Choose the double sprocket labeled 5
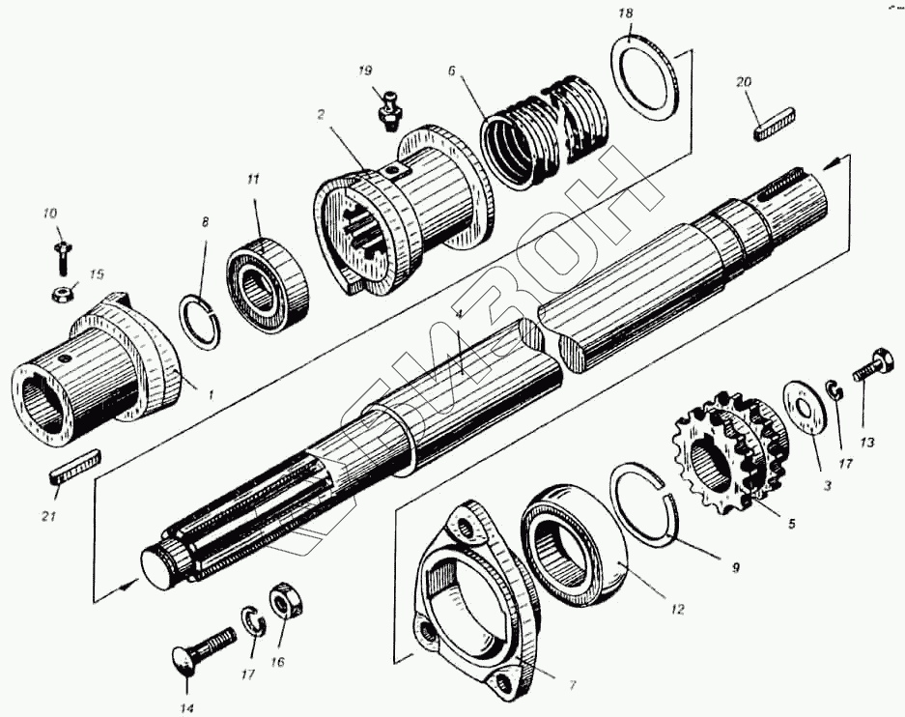(x=731, y=448)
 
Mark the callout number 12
(x=676, y=610)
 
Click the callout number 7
(x=572, y=685)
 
